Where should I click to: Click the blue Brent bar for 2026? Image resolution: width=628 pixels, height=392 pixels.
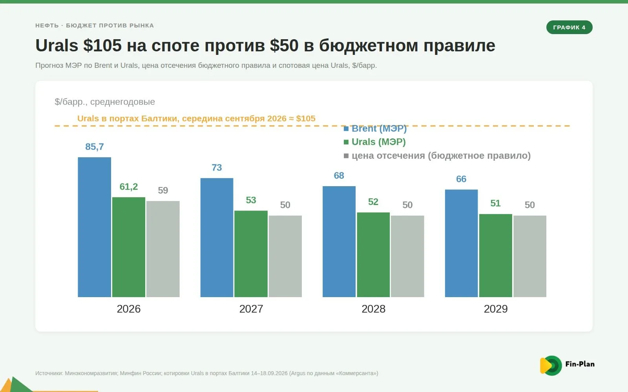tap(95, 227)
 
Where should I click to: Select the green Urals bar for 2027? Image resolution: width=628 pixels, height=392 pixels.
tap(251, 254)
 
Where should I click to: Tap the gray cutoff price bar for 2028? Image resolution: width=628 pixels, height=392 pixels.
tap(407, 256)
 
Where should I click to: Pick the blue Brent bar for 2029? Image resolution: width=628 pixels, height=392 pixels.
tap(461, 243)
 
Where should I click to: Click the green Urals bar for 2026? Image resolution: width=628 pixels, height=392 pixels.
tap(129, 247)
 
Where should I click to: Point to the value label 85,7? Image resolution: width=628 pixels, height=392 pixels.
tap(95, 147)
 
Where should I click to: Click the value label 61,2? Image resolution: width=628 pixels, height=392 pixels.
tap(129, 187)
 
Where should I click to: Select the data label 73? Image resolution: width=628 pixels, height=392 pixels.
tap(217, 167)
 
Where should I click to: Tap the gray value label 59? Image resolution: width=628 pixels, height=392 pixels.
tap(163, 191)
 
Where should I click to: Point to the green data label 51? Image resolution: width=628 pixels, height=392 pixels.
tap(495, 203)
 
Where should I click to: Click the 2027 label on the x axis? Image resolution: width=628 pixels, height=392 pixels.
tap(251, 309)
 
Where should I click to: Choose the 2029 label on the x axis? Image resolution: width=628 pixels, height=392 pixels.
tap(496, 309)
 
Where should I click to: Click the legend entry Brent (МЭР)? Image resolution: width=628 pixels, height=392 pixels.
tap(375, 129)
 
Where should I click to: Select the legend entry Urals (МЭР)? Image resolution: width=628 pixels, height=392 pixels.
tap(374, 142)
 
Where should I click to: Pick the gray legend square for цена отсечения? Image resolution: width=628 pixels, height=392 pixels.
tap(346, 156)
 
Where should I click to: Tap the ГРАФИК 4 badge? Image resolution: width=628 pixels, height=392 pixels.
tap(569, 27)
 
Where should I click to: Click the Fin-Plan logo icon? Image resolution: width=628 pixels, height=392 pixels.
tap(551, 365)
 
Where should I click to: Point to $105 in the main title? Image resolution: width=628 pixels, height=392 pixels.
tap(102, 45)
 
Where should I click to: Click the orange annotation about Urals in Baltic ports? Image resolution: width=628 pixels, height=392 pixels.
tap(196, 118)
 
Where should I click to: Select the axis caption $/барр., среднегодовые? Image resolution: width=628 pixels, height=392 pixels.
tap(104, 102)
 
